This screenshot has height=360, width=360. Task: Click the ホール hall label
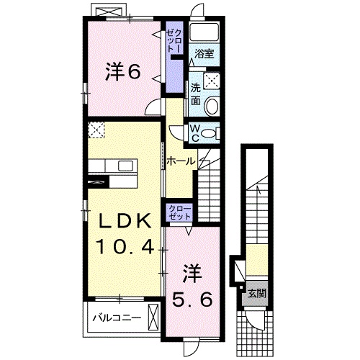(x=181, y=161)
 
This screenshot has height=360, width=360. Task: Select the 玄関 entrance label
(x=256, y=293)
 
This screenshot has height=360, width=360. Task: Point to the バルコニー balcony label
(x=116, y=316)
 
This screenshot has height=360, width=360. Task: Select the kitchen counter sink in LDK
(x=126, y=166)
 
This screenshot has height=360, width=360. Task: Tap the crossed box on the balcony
(x=153, y=316)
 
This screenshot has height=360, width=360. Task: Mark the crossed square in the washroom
(x=213, y=81)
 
